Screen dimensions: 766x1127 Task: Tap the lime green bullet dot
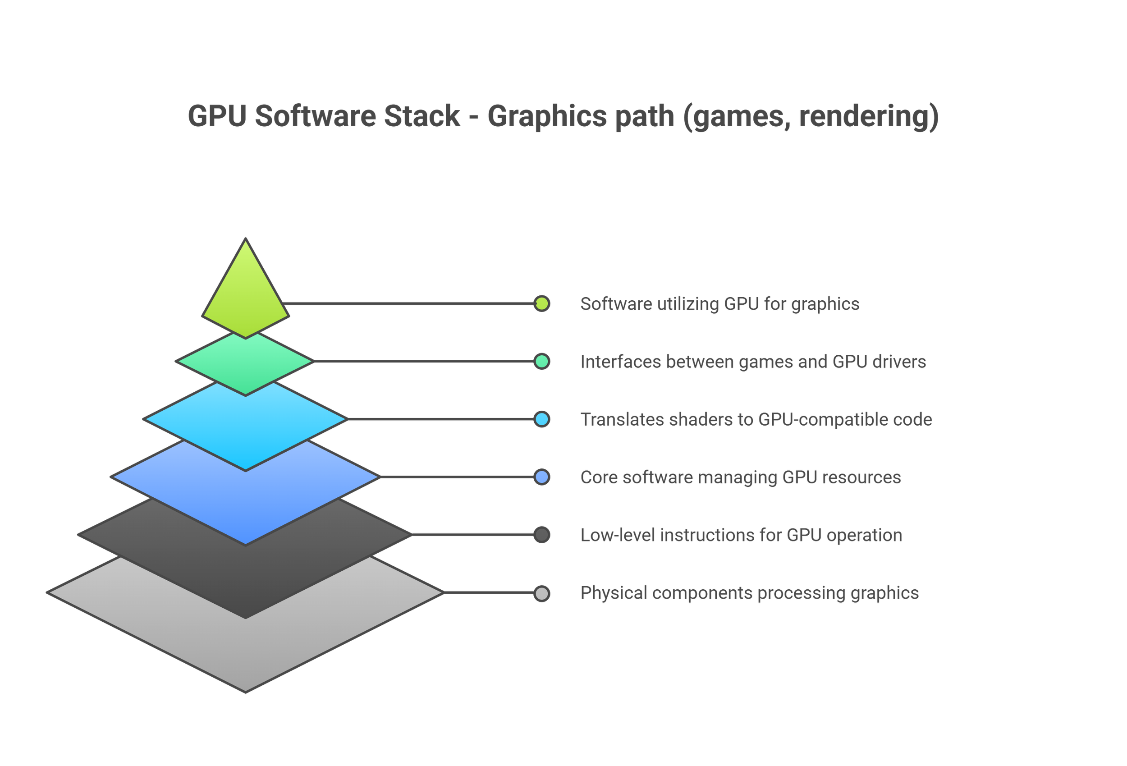click(542, 304)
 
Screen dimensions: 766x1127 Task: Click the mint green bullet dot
click(542, 362)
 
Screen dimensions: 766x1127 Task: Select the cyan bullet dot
click(542, 419)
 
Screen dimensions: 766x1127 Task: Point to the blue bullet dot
click(542, 477)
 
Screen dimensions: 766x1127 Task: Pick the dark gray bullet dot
click(542, 535)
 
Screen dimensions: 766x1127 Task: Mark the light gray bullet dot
click(542, 593)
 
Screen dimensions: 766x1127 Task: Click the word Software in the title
click(315, 116)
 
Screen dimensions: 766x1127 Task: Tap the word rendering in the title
click(863, 116)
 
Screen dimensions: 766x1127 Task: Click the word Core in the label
click(598, 477)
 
